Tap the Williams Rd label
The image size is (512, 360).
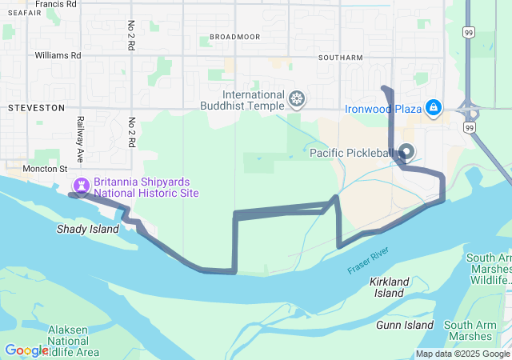click(58, 56)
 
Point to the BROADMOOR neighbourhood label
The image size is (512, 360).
click(234, 37)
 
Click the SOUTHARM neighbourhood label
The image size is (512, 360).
click(340, 58)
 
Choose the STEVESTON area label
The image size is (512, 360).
click(35, 106)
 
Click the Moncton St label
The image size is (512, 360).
click(39, 169)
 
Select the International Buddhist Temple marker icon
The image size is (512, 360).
click(297, 99)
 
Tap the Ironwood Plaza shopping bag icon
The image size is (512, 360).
click(434, 107)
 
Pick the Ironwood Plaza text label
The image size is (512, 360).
click(382, 109)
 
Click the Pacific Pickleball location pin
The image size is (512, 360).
click(406, 150)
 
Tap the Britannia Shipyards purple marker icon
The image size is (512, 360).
click(80, 186)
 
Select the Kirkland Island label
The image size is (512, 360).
click(390, 287)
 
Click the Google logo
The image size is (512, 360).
click(26, 350)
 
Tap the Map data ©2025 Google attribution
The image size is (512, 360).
click(462, 354)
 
